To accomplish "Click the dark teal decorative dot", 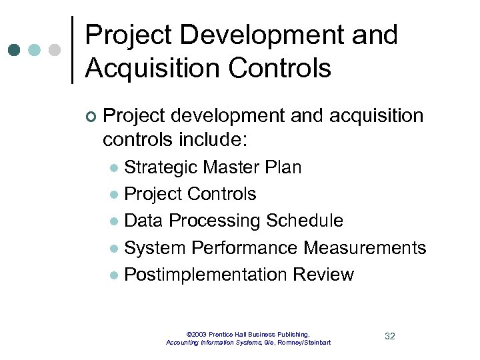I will pos(15,49).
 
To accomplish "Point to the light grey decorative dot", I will pos(55,49).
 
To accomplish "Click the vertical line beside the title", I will pos(72,50).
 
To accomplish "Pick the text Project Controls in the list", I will pos(190,194).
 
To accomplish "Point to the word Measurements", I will pos(365,248).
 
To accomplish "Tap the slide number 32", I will pos(390,336).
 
